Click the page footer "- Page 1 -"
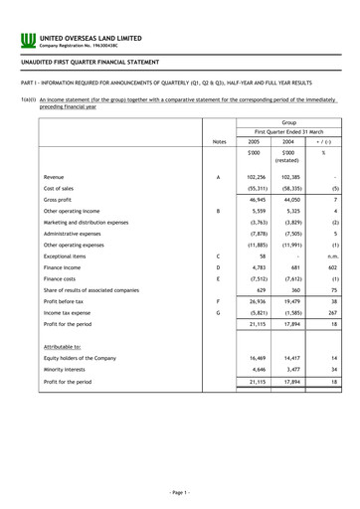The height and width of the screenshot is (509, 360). coord(180,493)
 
